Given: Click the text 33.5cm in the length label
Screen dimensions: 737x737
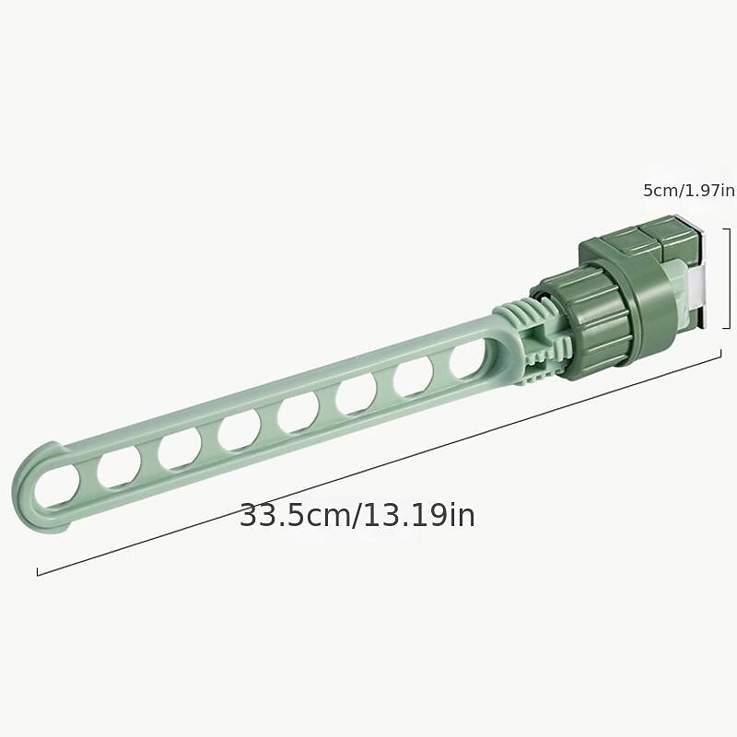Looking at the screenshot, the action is tap(295, 516).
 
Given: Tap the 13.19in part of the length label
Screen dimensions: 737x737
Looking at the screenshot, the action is tap(419, 516).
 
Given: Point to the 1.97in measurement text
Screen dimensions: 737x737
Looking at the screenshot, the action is tap(708, 191).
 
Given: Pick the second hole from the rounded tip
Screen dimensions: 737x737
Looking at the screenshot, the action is tap(119, 466).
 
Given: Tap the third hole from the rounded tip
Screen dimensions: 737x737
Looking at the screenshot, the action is tap(180, 448).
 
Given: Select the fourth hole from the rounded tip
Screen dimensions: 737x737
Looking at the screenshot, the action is tap(239, 429).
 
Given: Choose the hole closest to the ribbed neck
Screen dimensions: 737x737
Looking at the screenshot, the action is tap(468, 359).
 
